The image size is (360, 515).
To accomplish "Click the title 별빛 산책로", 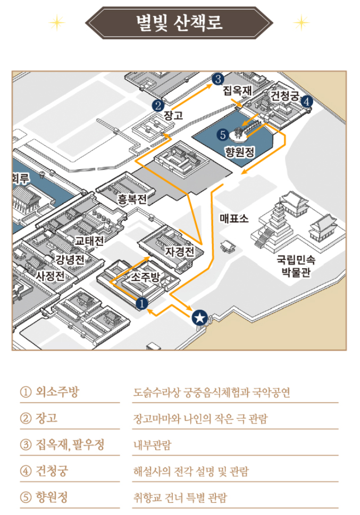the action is pos(179,23).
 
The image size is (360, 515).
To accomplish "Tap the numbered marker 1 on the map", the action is pos(141,303).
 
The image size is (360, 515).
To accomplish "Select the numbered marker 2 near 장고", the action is pos(157,105).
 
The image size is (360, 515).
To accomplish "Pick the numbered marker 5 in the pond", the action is pos(223,135).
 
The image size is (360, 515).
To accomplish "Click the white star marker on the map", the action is pos(199,318).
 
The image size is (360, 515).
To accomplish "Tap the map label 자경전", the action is pos(180,251).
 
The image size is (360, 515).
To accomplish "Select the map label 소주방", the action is pos(145,277).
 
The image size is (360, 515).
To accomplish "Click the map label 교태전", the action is pos(89,240).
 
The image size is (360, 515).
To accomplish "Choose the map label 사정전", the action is pos(50,276).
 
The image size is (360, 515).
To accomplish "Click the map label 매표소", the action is pos(234,218).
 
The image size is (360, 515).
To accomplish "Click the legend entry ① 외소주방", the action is pos(49,393).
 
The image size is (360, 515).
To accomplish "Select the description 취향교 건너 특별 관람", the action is pos(180,498).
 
